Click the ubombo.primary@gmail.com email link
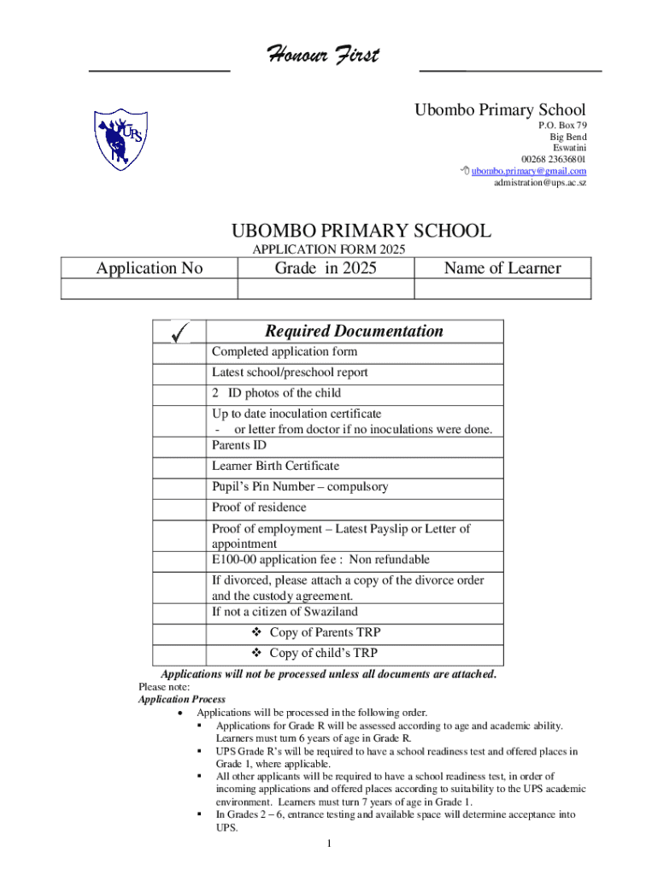click(x=529, y=171)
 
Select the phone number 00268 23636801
click(x=554, y=159)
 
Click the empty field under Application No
click(x=149, y=290)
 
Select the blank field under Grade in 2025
click(x=325, y=290)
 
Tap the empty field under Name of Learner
click(x=502, y=290)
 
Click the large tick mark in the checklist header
click(x=179, y=332)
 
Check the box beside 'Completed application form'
click(x=179, y=352)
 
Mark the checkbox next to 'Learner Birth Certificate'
click(x=179, y=467)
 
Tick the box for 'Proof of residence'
click(x=179, y=508)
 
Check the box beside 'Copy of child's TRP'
click(x=179, y=654)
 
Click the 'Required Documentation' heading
click(x=353, y=331)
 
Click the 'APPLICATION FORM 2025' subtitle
click(x=329, y=250)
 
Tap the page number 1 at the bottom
click(x=329, y=845)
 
